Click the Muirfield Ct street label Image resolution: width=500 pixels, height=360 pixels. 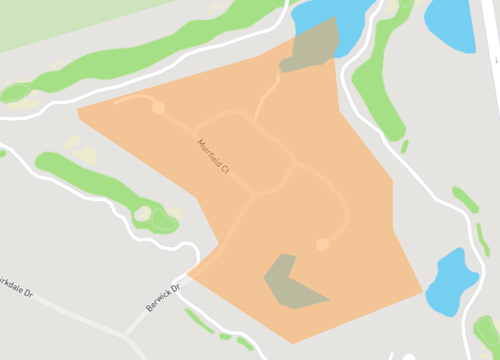pos(214,157)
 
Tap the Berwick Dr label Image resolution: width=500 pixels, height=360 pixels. pos(161,297)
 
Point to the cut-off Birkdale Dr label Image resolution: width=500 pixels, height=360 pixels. pos(17,279)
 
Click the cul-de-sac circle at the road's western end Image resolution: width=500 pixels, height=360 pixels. pos(158,107)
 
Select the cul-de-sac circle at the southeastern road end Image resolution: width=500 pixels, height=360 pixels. pos(322,244)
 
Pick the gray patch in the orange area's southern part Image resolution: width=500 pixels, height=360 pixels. pos(290,284)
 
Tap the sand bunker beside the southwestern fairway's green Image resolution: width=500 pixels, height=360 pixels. pos(143,213)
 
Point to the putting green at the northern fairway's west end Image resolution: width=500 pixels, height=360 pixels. pos(15,93)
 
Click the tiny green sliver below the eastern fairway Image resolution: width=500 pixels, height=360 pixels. pos(404,146)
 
